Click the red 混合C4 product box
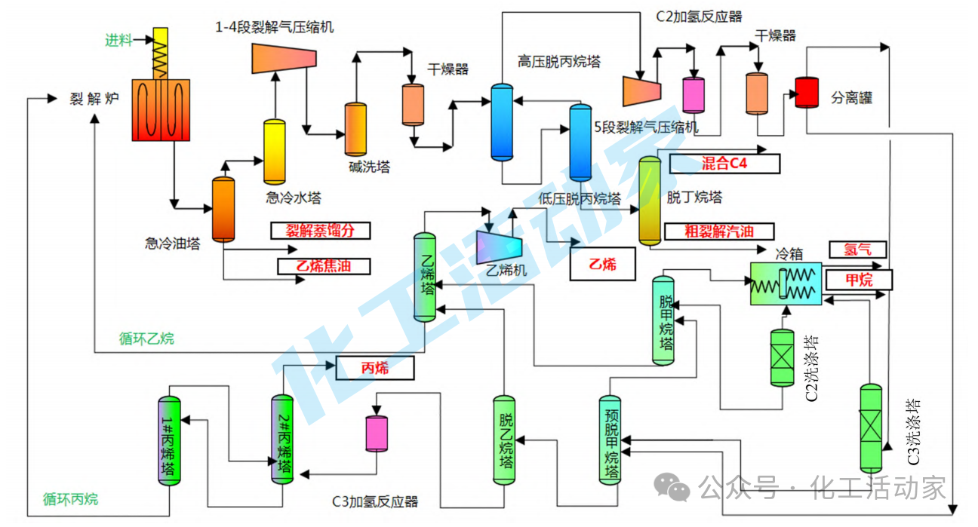click(x=724, y=164)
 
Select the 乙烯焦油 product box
click(x=324, y=266)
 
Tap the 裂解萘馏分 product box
click(x=321, y=231)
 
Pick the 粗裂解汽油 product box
click(x=719, y=231)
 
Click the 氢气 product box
click(x=857, y=250)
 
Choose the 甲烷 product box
click(x=859, y=280)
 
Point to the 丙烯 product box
click(x=374, y=368)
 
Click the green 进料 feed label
click(x=118, y=40)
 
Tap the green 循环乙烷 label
click(x=146, y=339)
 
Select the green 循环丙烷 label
click(x=70, y=498)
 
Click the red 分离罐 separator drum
click(x=807, y=93)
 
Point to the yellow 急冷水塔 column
click(x=274, y=152)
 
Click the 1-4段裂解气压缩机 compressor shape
click(x=284, y=58)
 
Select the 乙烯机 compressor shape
click(x=499, y=247)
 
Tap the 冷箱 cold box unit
click(x=786, y=283)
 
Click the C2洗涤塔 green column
click(x=782, y=357)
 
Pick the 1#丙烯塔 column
click(x=169, y=440)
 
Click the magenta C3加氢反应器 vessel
click(x=377, y=434)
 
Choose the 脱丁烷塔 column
click(x=650, y=201)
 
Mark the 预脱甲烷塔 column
click(x=610, y=440)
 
